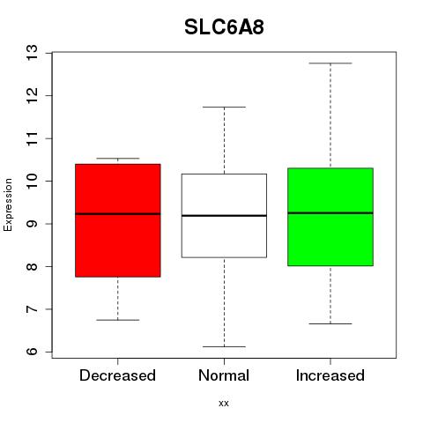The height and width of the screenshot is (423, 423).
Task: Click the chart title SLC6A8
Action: [x=224, y=27]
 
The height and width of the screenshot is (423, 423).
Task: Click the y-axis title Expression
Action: [x=8, y=205]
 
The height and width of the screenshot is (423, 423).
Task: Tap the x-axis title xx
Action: [x=224, y=404]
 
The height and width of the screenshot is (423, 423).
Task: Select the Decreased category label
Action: [x=117, y=375]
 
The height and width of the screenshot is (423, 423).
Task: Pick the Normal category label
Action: [x=224, y=375]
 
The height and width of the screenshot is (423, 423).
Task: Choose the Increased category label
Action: [x=330, y=375]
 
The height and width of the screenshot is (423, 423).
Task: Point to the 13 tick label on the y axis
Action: [x=33, y=53]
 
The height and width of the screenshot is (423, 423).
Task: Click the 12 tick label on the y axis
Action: [x=33, y=96]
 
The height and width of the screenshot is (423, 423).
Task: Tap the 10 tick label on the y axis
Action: [x=33, y=181]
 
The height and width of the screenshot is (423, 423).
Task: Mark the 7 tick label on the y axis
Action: [x=33, y=309]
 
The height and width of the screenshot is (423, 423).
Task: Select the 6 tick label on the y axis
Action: [x=33, y=352]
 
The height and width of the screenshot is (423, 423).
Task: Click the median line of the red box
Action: [x=118, y=214]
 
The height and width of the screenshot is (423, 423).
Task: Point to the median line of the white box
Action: [x=224, y=216]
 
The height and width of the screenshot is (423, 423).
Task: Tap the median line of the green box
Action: [x=330, y=213]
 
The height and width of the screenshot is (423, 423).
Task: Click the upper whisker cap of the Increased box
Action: [x=330, y=63]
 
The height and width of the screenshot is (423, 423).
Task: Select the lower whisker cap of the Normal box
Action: [x=224, y=346]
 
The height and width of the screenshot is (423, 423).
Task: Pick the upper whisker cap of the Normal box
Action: [x=224, y=107]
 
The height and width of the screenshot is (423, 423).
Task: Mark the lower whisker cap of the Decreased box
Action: [x=118, y=320]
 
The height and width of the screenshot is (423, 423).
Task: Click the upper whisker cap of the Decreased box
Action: [x=118, y=159]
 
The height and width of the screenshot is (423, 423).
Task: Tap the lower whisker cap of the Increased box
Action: [x=330, y=323]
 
